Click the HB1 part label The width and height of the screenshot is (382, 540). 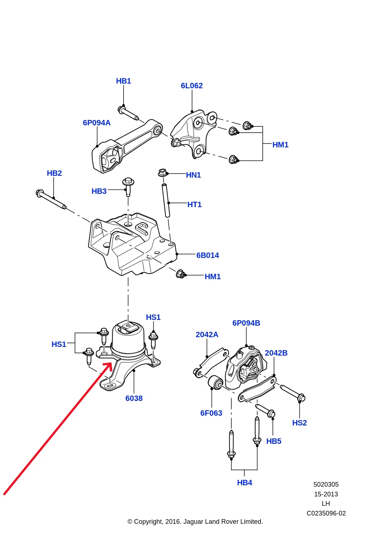coord(123,81)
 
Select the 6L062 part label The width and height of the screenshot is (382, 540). coord(192,86)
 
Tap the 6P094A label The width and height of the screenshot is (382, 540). coord(97,123)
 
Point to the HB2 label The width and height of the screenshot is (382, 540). coord(54,173)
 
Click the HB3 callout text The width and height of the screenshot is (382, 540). coord(99,191)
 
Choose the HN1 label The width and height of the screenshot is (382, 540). coord(194,175)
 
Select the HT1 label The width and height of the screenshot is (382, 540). coord(194,204)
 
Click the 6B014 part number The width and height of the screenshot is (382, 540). coord(208,255)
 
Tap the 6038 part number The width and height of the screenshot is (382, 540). coord(134,398)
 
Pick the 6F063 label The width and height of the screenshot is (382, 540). coord(211,413)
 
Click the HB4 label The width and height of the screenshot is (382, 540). coord(245,483)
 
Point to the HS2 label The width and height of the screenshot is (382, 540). coord(299,423)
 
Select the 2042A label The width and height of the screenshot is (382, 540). coord(207,335)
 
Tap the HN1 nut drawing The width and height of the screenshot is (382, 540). coord(163,173)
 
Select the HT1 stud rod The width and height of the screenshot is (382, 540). coord(166,200)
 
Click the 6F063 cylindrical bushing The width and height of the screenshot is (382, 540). coord(216,382)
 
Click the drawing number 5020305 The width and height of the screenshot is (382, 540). coord(326,484)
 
